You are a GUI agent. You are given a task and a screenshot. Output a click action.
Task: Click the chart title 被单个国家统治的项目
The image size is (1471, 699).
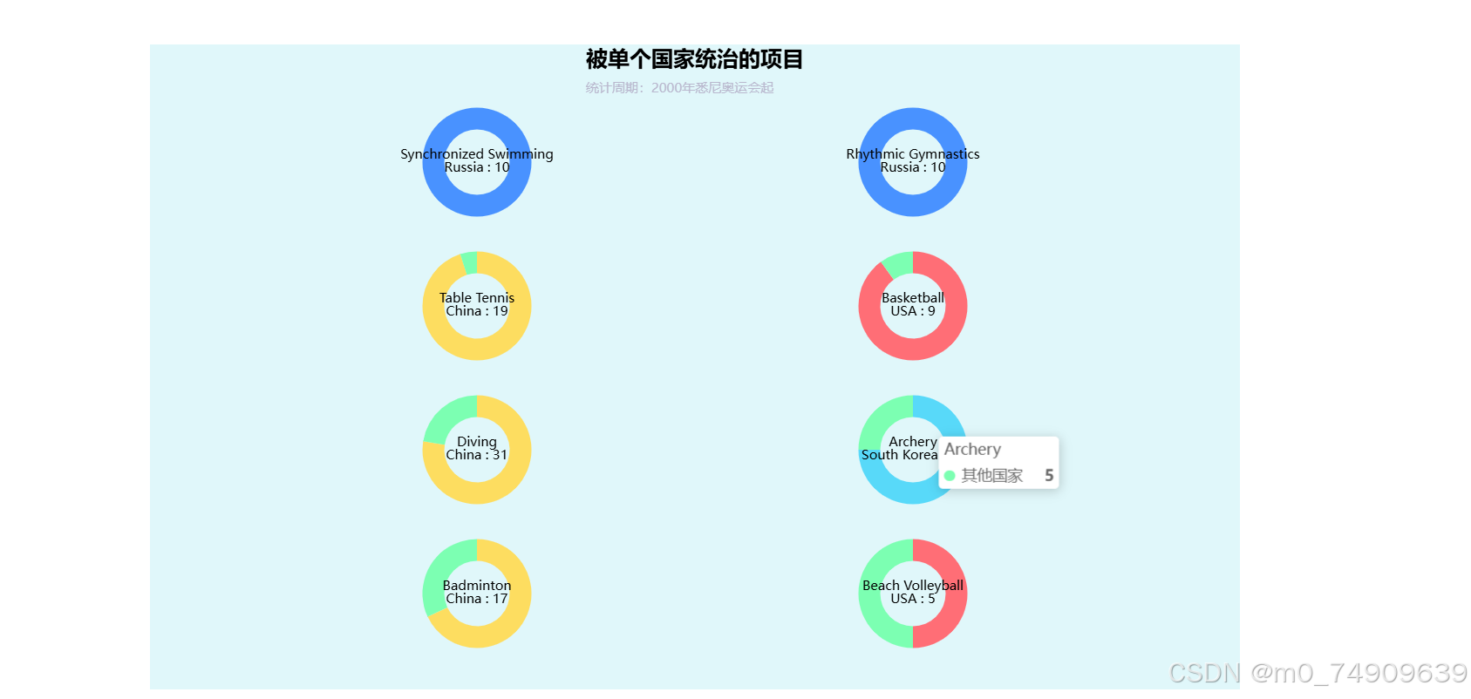(694, 59)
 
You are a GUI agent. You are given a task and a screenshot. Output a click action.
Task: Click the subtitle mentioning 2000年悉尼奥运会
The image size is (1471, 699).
(679, 88)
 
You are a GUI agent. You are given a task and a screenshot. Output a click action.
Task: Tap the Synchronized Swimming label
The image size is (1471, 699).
(477, 154)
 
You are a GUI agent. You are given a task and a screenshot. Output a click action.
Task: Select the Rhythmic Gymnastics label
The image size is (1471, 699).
(913, 154)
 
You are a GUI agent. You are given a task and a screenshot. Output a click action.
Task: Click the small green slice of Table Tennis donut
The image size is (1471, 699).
(470, 262)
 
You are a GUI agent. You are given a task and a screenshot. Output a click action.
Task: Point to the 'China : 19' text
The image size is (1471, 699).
(477, 311)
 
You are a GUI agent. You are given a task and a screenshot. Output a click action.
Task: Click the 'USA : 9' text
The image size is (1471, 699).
(913, 311)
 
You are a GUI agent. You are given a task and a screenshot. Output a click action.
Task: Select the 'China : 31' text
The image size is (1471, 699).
(477, 455)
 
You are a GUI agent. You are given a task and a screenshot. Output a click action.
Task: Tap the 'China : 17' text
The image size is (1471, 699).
(477, 599)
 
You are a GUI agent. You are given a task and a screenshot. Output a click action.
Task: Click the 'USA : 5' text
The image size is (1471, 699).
(913, 599)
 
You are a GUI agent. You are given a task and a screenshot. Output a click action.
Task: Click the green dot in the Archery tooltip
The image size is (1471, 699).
(950, 476)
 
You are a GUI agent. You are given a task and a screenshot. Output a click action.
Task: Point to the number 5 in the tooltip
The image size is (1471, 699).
(1049, 476)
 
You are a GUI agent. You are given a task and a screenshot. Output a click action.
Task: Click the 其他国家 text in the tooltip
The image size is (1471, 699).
(992, 476)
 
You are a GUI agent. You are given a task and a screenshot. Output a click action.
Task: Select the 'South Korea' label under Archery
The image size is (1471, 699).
(899, 455)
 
